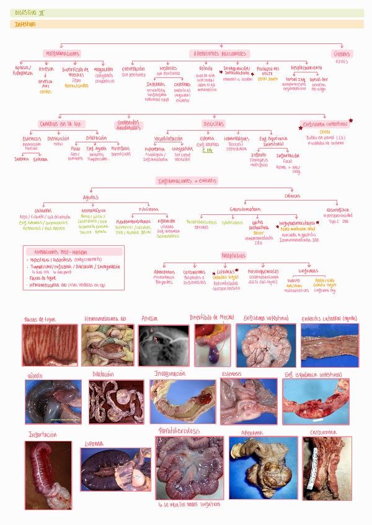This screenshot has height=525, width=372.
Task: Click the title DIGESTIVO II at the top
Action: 30,12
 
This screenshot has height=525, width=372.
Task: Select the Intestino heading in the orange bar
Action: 25,24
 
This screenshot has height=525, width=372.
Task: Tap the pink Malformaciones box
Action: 62,54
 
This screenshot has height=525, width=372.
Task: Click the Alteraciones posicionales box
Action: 220,54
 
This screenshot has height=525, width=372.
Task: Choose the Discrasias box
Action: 214,124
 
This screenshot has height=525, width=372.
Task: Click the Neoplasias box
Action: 234,255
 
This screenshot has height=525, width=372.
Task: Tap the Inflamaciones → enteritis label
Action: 187,180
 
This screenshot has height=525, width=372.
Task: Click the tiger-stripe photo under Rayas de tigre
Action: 42,345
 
